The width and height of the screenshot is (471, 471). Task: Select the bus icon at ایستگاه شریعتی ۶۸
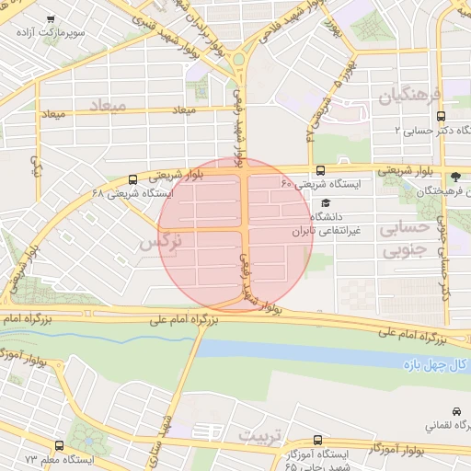pos(134,179)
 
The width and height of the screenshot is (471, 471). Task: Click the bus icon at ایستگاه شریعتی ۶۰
pos(320,170)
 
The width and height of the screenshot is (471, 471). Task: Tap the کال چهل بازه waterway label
pos(437,365)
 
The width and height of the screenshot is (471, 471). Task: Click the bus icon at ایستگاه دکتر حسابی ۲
pos(442,117)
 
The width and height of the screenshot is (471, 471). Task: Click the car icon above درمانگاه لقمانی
pos(457,411)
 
